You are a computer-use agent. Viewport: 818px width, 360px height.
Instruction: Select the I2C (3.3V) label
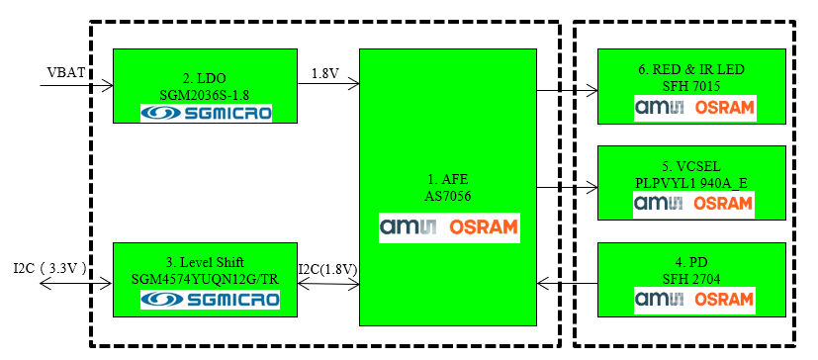[50, 267]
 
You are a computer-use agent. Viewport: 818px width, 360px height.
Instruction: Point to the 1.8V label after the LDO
[325, 73]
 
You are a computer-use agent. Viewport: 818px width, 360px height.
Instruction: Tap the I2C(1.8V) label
[327, 269]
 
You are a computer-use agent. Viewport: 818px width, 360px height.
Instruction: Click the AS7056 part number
[448, 197]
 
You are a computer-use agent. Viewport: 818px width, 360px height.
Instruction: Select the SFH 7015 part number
[695, 86]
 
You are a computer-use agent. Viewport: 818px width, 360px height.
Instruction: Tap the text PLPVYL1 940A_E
[694, 182]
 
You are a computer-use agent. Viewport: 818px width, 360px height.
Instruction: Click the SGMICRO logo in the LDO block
[206, 114]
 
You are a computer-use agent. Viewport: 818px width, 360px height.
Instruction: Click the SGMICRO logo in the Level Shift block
[206, 299]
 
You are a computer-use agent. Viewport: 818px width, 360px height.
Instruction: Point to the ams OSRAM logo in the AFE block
[448, 226]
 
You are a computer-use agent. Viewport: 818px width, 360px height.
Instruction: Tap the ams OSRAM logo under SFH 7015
[694, 107]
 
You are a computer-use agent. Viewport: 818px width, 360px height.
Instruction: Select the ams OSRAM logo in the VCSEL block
[694, 203]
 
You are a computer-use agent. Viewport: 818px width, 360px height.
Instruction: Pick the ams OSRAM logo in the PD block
[694, 298]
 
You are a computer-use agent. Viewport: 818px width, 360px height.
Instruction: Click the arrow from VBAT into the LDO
[76, 85]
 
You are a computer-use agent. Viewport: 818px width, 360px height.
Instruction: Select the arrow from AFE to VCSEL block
[568, 187]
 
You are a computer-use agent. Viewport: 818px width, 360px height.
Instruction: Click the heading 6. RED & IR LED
[694, 69]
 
